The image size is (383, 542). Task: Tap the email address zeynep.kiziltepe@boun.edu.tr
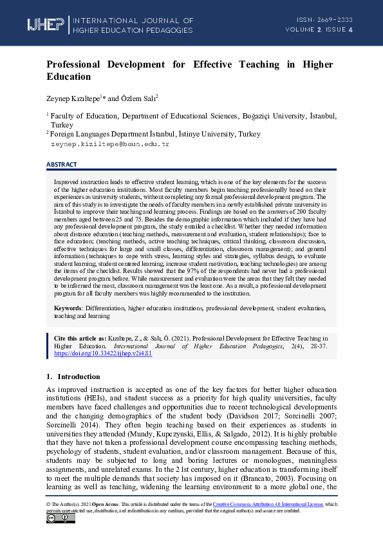[109, 144]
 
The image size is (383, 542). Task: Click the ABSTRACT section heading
[62, 165]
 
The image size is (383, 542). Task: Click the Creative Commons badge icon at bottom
[61, 519]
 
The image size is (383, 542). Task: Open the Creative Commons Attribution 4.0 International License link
[277, 505]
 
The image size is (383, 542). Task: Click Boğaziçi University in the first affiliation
[275, 116]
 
